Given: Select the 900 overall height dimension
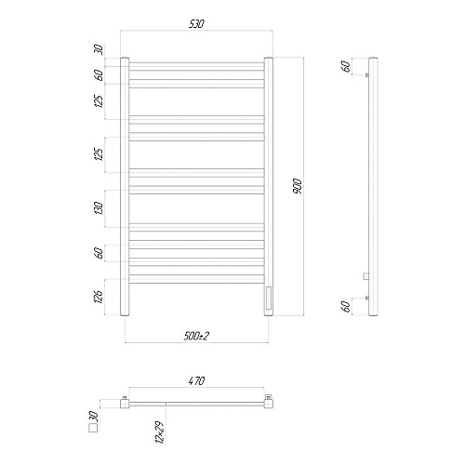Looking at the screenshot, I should pos(297,185).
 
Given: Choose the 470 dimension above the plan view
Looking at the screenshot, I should pos(197,381).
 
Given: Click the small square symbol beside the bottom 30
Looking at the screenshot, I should pos(92,429).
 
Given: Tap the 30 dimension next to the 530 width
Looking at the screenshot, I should pos(99,48).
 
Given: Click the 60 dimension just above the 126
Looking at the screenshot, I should pos(99,252).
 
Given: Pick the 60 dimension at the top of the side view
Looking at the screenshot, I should pos(347,66).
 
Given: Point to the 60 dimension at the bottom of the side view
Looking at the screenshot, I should pos(347,306).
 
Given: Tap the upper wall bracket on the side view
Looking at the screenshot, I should pos(368,75).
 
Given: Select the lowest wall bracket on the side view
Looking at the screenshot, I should pos(368,296).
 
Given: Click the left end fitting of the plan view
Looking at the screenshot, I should pos(126,403).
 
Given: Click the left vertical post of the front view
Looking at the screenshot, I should pos(127,186).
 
